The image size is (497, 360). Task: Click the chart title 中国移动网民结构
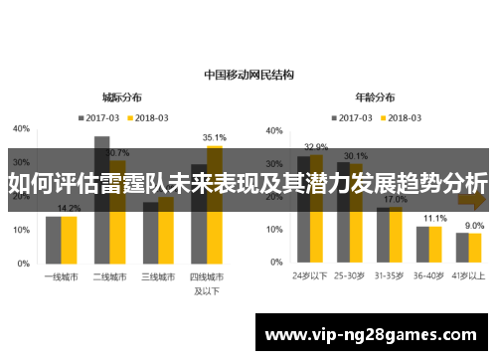click(248, 74)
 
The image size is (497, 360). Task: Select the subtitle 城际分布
click(121, 97)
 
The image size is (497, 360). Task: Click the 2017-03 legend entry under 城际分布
click(100, 117)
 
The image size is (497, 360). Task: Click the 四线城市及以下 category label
click(207, 282)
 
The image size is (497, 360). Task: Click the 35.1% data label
click(214, 137)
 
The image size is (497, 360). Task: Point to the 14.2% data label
click(69, 208)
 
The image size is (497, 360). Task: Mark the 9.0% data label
click(474, 225)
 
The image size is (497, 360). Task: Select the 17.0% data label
click(396, 200)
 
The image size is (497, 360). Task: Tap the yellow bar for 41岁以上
click(475, 248)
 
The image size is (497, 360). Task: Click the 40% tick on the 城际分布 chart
click(21, 129)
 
